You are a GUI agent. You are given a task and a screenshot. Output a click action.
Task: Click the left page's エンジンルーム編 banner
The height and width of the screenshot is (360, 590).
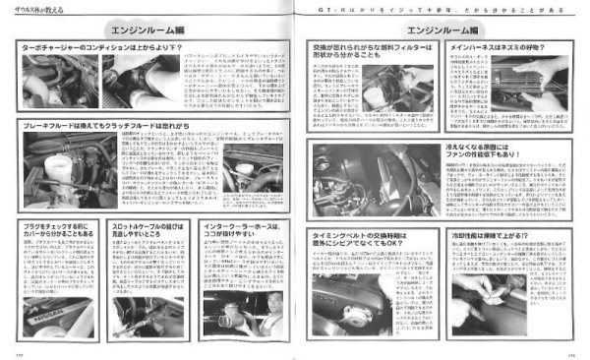[145, 30]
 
